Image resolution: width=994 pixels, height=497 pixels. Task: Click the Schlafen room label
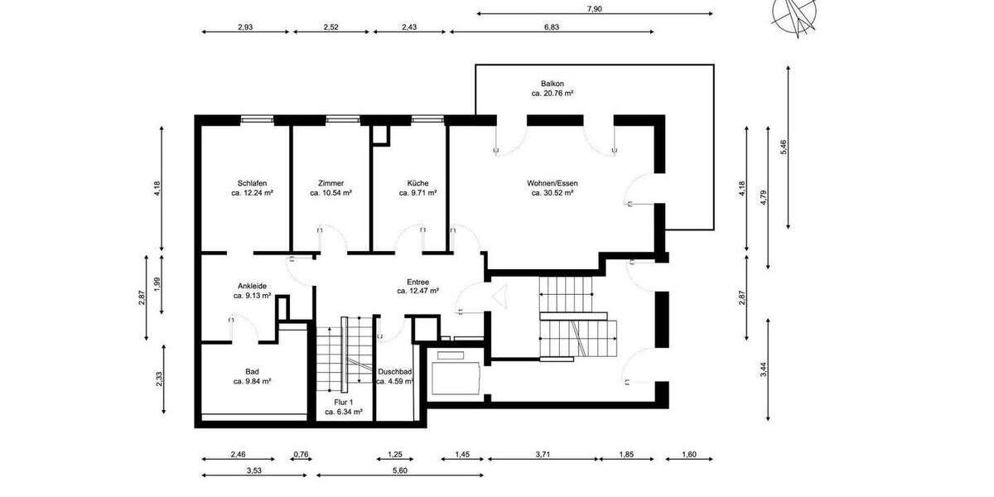click(252, 183)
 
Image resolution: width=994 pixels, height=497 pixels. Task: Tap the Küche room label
click(417, 183)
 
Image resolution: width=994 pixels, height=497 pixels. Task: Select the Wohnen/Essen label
click(552, 183)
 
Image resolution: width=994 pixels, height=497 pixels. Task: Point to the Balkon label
click(552, 84)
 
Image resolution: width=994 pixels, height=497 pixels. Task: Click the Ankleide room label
click(252, 286)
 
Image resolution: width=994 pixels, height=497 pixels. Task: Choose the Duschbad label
click(394, 372)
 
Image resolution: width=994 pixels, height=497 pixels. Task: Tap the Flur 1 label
click(343, 402)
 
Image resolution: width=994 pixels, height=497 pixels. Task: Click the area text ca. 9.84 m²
click(252, 382)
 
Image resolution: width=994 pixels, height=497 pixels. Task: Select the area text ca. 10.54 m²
click(331, 193)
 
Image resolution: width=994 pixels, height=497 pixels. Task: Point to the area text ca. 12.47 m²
click(417, 292)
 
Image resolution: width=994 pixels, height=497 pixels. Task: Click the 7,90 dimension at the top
click(594, 8)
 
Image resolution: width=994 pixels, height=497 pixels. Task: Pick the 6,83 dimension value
click(552, 27)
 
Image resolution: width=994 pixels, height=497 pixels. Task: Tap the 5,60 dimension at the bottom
click(399, 470)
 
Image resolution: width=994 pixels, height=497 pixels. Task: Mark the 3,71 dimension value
click(543, 454)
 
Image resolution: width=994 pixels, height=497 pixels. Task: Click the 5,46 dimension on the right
click(784, 148)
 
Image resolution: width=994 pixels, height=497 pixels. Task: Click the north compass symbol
click(794, 15)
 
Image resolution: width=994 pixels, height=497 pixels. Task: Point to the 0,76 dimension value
click(301, 454)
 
